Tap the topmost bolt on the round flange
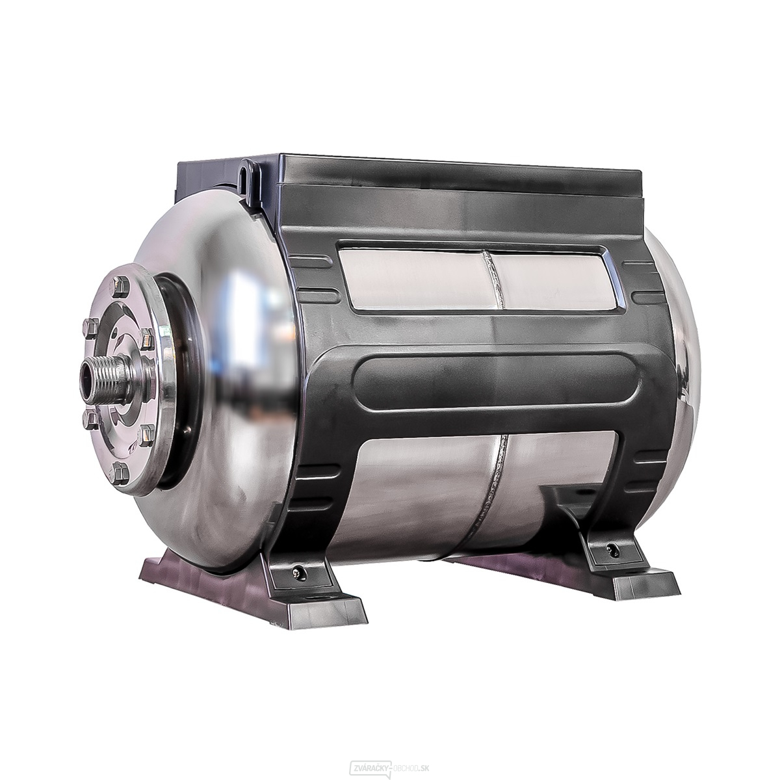(122, 287)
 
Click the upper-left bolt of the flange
(92, 327)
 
